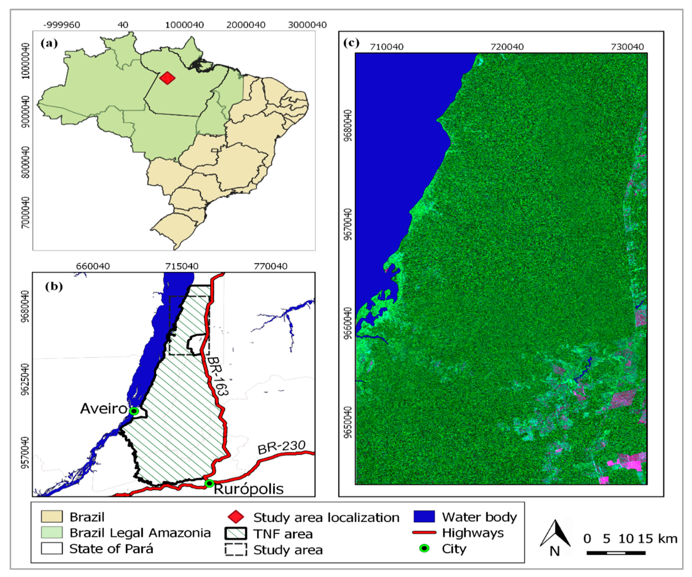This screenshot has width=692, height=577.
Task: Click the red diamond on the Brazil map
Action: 167,78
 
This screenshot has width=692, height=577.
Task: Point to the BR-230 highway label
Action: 281,448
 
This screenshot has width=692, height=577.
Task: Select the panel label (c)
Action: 351,43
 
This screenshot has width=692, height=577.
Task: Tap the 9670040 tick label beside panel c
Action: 348,224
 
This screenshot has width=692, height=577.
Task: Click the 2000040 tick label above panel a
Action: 246,25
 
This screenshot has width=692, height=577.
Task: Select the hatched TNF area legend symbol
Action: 236,533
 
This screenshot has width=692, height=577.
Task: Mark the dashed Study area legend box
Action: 236,550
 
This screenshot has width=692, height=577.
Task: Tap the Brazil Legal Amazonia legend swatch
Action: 52,533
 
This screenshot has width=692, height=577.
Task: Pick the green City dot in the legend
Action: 424,549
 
